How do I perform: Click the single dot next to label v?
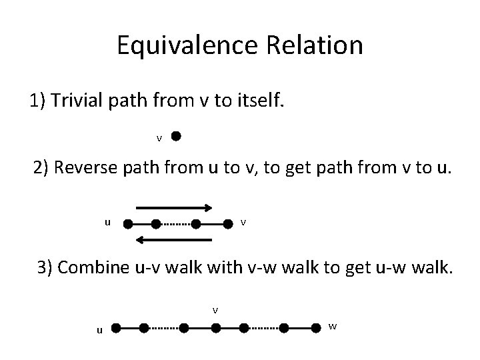[x=175, y=137]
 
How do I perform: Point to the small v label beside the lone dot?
[x=159, y=139]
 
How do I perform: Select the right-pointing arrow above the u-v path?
[x=175, y=207]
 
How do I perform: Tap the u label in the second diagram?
[x=107, y=222]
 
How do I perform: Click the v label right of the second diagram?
[x=243, y=222]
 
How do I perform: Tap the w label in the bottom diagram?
[x=333, y=326]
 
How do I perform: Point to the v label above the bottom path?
[x=215, y=309]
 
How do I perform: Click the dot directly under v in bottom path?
[x=215, y=328]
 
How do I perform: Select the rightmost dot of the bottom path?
[x=317, y=328]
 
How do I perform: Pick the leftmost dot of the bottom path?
[x=115, y=328]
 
